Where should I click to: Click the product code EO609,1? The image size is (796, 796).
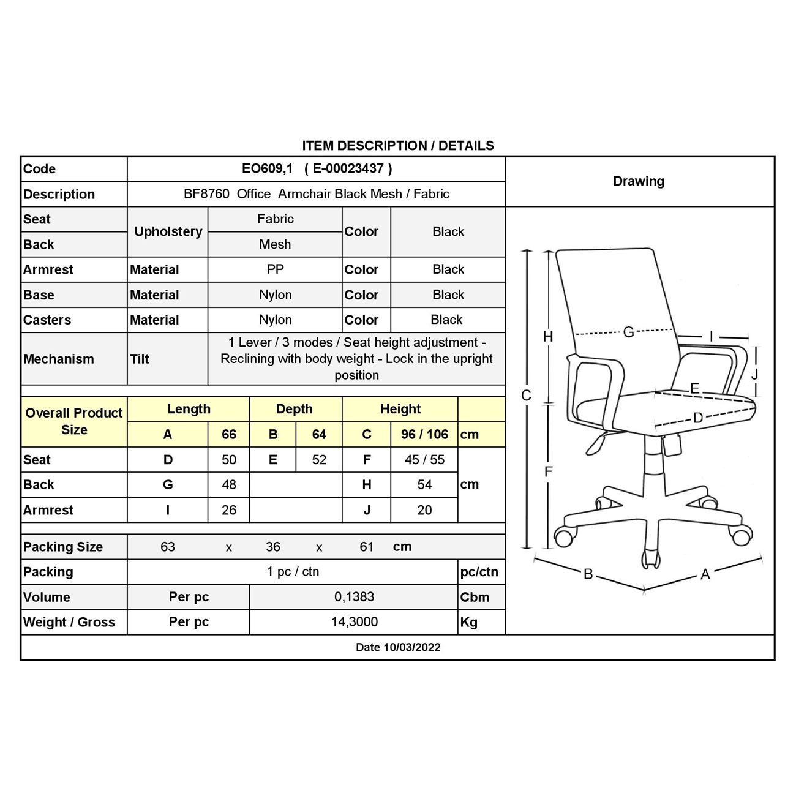pyautogui.click(x=268, y=168)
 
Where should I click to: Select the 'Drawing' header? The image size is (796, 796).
pyautogui.click(x=639, y=181)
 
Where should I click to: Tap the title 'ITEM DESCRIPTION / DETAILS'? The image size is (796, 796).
pyautogui.click(x=398, y=146)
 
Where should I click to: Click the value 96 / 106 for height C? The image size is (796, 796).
pyautogui.click(x=424, y=435)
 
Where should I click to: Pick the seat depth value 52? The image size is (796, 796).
pyautogui.click(x=319, y=460)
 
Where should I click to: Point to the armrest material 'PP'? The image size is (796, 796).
pyautogui.click(x=275, y=269)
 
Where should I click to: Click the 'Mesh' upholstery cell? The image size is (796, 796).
pyautogui.click(x=275, y=244)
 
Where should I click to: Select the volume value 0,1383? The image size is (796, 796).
pyautogui.click(x=354, y=597)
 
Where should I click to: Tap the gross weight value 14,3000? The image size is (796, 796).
pyautogui.click(x=354, y=622)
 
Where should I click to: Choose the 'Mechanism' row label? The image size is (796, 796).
pyautogui.click(x=59, y=359)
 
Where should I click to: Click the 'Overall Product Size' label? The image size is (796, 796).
pyautogui.click(x=74, y=421)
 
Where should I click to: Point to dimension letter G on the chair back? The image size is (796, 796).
pyautogui.click(x=628, y=332)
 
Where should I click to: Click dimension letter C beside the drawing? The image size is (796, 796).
pyautogui.click(x=526, y=396)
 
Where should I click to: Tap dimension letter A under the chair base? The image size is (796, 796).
pyautogui.click(x=705, y=574)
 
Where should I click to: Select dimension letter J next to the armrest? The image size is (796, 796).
pyautogui.click(x=755, y=374)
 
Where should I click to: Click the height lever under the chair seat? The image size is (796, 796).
pyautogui.click(x=596, y=442)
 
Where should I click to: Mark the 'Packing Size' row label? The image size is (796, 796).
pyautogui.click(x=63, y=547)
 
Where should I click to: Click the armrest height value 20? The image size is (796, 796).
pyautogui.click(x=424, y=510)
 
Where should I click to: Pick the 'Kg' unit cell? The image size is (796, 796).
pyautogui.click(x=469, y=622)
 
